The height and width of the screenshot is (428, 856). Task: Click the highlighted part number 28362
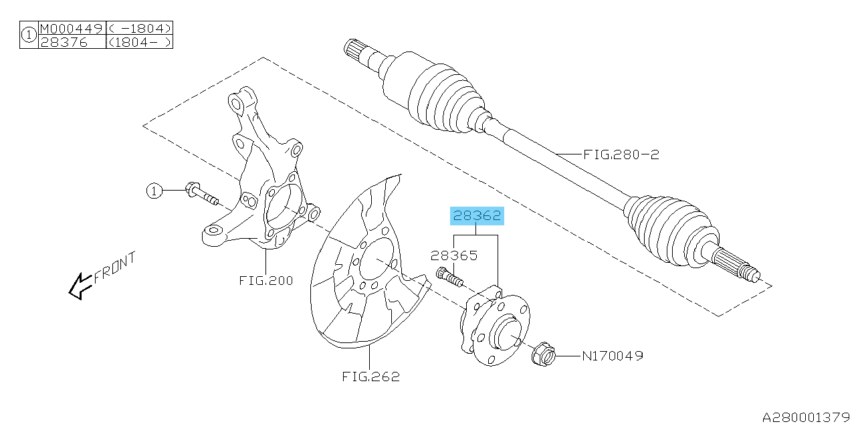point(477,216)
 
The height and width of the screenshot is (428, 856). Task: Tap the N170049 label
point(612,356)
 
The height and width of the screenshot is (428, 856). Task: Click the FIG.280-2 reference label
point(621,154)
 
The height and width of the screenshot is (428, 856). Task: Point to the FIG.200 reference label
point(265,280)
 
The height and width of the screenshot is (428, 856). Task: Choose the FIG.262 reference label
point(370,377)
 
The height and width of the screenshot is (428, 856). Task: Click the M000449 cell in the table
point(72,29)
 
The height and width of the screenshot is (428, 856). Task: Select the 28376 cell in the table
point(60,41)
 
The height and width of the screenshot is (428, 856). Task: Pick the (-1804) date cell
point(139,29)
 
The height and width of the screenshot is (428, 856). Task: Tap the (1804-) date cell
point(139,41)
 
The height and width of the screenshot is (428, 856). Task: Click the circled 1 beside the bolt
point(154,192)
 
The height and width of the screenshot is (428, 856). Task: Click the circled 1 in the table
point(29,35)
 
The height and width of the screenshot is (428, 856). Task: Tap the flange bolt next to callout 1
point(201,194)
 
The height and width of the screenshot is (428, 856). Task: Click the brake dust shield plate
point(361,267)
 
